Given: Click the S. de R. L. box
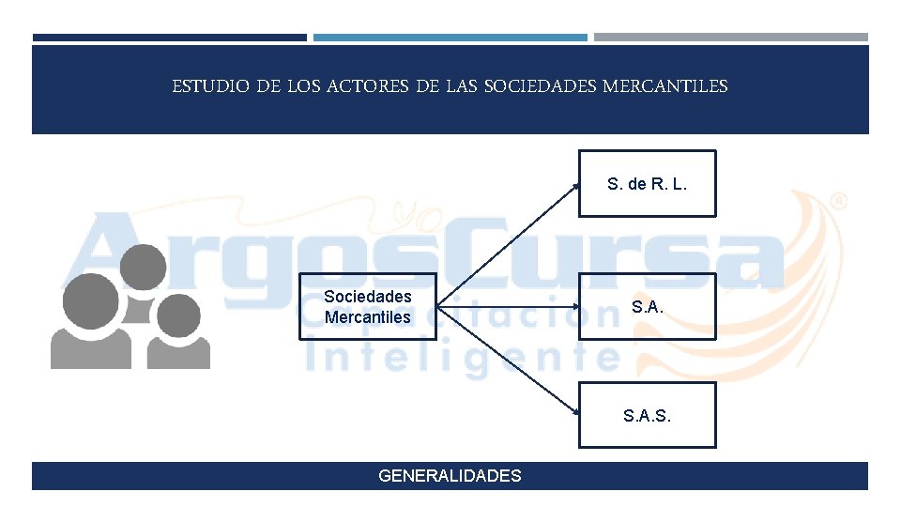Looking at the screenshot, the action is (x=647, y=184).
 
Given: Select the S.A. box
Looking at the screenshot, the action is (x=647, y=306).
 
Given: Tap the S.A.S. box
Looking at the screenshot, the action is (x=647, y=414).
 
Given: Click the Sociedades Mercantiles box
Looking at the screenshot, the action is (x=368, y=306).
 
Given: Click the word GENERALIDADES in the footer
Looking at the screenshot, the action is (x=450, y=476).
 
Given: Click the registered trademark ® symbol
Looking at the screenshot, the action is (x=839, y=201).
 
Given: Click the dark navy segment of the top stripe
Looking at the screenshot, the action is (x=169, y=38).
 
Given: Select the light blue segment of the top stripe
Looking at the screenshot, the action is (x=450, y=38).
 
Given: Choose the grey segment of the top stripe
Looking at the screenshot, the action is (x=730, y=38).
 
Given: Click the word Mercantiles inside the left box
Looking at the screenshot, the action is (x=368, y=317).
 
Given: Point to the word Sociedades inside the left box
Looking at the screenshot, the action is (x=368, y=297).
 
